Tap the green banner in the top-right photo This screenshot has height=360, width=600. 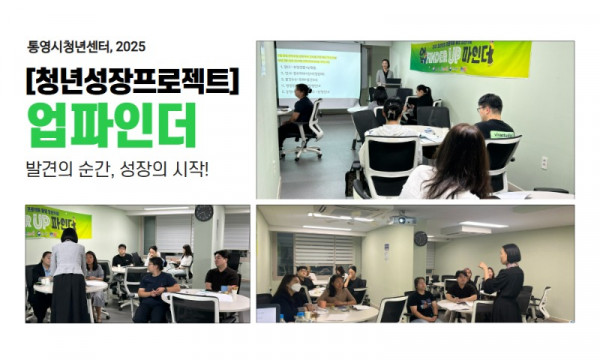click(x=470, y=58)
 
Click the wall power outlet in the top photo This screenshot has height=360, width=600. click(x=544, y=162)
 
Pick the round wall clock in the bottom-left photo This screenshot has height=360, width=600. click(x=204, y=213)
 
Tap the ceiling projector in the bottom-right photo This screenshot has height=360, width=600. click(x=404, y=219)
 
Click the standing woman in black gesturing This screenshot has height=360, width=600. click(x=505, y=281)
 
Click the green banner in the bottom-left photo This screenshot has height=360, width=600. click(x=56, y=222)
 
